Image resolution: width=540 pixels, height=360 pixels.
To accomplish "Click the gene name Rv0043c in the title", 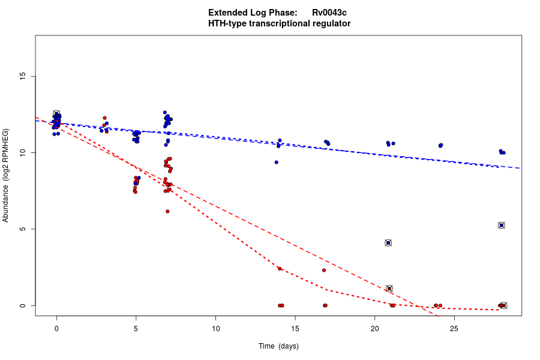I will coord(329,13).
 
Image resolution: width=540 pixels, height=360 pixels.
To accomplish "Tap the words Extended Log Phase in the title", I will coord(253,13).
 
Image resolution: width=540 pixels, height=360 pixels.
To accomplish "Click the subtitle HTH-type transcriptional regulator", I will coord(280,23).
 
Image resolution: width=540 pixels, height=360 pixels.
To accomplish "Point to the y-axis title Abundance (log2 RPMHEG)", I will coord(6,175).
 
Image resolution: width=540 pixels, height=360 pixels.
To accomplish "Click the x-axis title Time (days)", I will coord(278,346).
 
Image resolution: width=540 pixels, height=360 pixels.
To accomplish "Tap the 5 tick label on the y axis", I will coord(23,229).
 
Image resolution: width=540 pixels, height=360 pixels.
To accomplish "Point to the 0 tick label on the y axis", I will coord(23,306).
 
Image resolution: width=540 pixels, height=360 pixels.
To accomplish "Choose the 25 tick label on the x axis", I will coord(454,329).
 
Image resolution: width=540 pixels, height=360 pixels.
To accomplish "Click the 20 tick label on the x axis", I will coord(375,329).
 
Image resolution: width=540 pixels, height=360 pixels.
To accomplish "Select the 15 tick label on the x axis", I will coord(295,329).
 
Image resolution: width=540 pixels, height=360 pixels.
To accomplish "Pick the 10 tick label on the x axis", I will coord(215,329).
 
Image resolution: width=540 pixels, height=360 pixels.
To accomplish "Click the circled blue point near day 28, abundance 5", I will coord(502,225).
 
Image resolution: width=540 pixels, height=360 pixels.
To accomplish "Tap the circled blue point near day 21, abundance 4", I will coord(388,243).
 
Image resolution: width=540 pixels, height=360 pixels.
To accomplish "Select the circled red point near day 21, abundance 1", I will coord(389,289).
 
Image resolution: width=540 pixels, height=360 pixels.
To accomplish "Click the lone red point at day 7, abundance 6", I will coord(167,211).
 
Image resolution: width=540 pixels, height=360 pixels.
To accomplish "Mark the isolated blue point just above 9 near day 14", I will coord(277,162).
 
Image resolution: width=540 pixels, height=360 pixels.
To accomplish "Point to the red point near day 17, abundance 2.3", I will coord(324,270).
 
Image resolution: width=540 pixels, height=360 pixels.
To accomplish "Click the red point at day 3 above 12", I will coord(104,118).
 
